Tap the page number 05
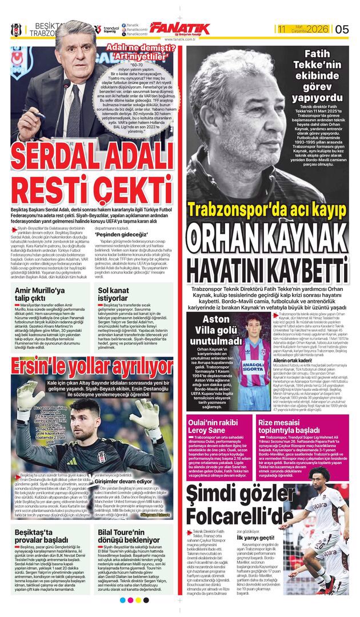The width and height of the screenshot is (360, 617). tap(342, 29)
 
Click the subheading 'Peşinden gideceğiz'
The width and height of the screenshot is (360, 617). tap(119, 234)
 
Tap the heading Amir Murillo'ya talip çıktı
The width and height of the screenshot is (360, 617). tap(41, 294)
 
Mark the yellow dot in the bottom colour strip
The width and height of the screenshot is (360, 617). tap(138, 600)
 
